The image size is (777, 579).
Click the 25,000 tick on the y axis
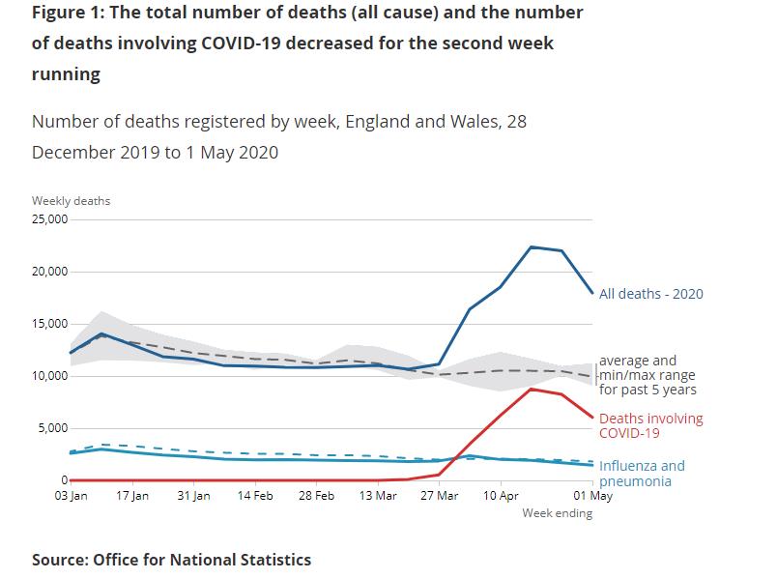click(47, 219)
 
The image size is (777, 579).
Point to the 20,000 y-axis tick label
click(47, 272)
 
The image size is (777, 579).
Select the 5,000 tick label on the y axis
click(50, 428)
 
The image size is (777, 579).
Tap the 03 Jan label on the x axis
click(71, 496)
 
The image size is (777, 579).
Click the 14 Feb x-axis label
click(255, 496)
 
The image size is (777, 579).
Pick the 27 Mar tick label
click(440, 496)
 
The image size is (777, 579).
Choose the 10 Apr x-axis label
click(501, 496)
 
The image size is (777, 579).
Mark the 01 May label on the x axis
click(594, 496)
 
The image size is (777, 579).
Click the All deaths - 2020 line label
click(651, 294)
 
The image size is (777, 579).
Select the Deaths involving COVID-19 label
click(651, 426)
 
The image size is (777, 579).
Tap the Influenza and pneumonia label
click(642, 473)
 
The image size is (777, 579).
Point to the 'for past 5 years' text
click(647, 391)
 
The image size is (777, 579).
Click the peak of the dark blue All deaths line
click(532, 247)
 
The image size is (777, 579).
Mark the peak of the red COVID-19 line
click(532, 389)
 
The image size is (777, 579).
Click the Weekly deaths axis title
click(71, 201)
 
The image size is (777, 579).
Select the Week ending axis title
click(558, 513)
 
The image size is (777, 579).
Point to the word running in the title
click(66, 74)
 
